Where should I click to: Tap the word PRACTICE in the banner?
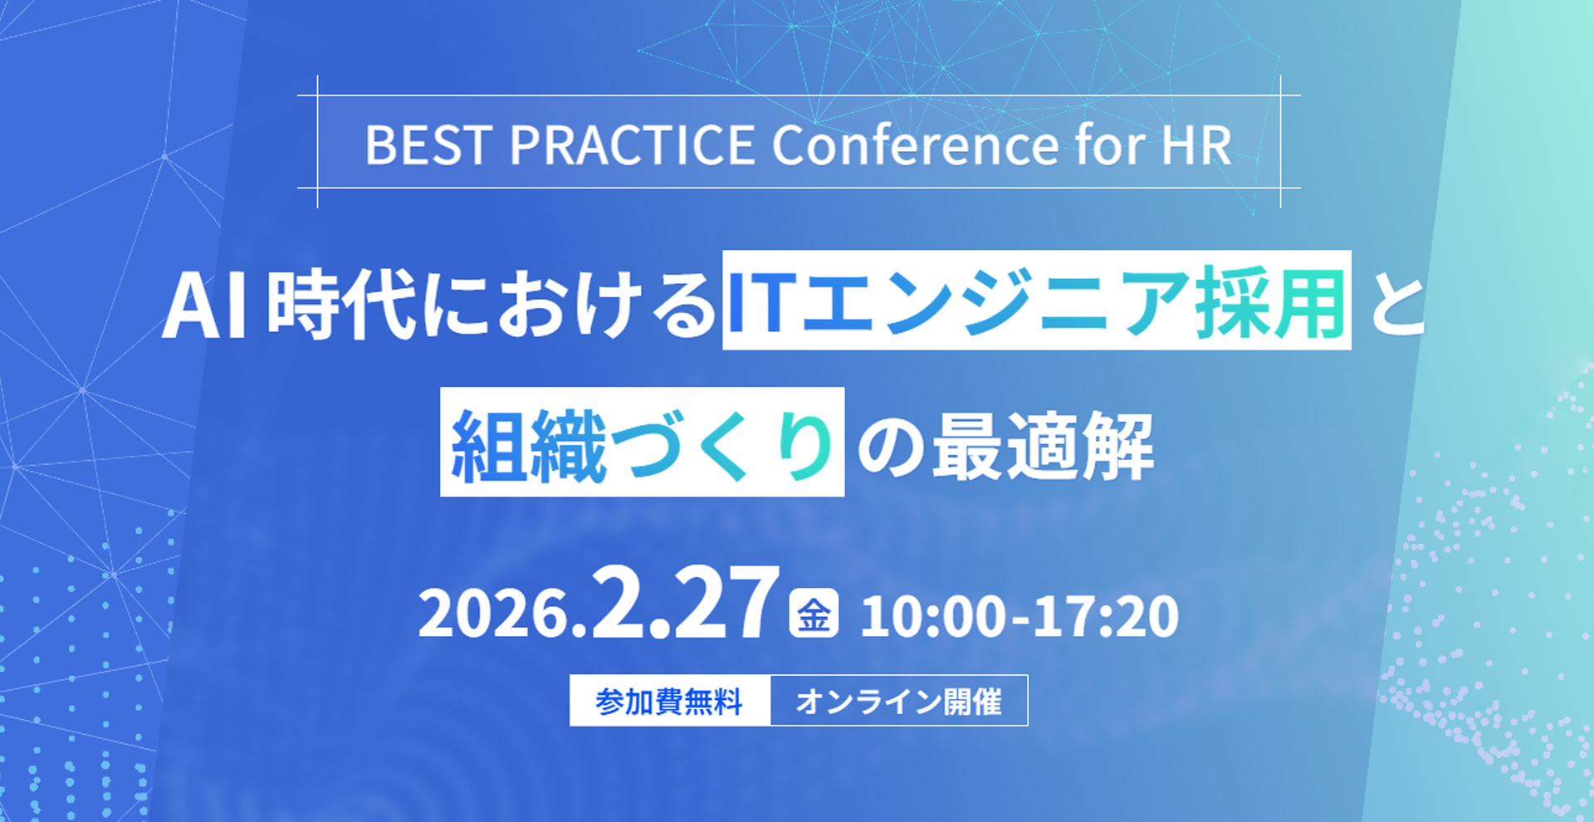(x=632, y=145)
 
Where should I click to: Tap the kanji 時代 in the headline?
(x=341, y=304)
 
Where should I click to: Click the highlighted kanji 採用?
(x=1270, y=303)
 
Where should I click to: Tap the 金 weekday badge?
(x=814, y=614)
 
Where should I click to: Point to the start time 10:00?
(x=933, y=616)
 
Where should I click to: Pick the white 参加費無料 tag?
(x=670, y=701)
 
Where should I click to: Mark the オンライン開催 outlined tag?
(x=899, y=701)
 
